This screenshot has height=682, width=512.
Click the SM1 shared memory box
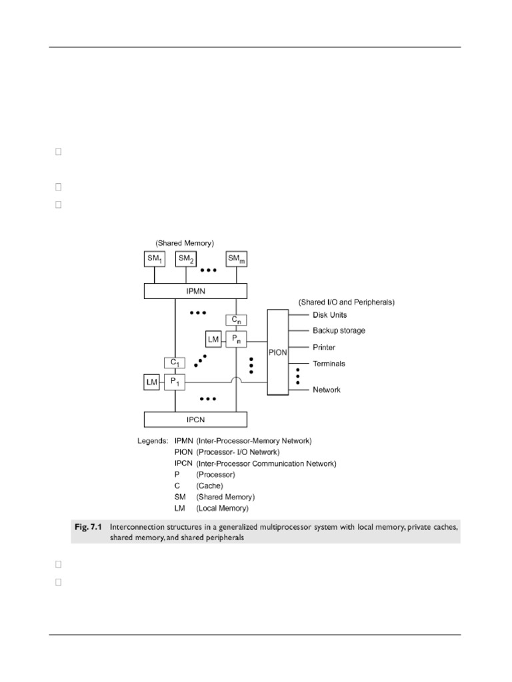[155, 260]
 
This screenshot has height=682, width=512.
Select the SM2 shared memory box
[186, 260]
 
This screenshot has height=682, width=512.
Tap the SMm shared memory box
[237, 260]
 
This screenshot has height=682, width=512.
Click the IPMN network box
[195, 291]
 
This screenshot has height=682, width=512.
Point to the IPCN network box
[195, 420]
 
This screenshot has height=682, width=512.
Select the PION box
[278, 352]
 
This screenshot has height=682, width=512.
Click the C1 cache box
[174, 363]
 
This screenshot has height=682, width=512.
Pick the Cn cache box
[236, 320]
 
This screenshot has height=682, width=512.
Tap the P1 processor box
[174, 382]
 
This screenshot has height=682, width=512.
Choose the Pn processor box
[236, 339]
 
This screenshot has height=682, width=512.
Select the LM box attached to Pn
[213, 340]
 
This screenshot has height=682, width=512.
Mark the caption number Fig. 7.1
[89, 526]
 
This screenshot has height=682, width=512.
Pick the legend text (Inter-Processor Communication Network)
[266, 464]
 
